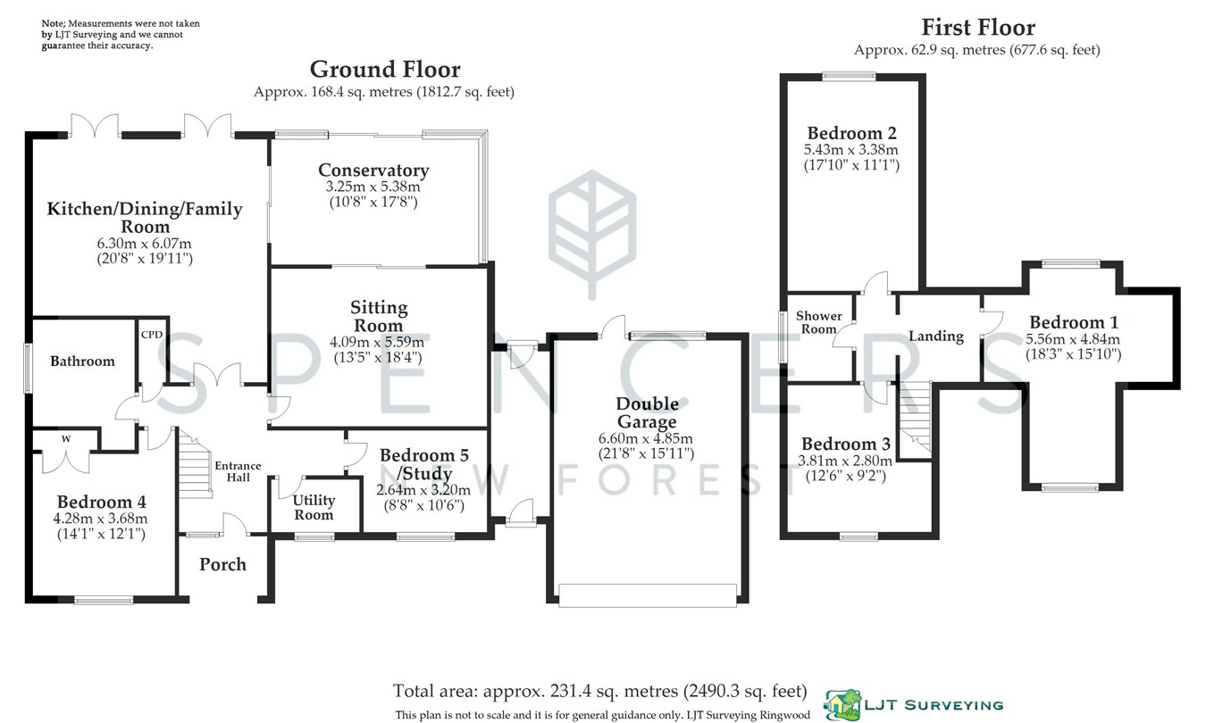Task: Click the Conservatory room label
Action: (x=373, y=170)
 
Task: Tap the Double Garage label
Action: (x=645, y=413)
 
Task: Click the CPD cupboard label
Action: (x=151, y=335)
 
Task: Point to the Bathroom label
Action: (x=82, y=361)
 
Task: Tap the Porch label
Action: (x=222, y=564)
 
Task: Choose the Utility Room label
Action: (x=314, y=507)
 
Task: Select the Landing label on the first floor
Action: (x=936, y=337)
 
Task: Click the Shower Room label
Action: (x=819, y=322)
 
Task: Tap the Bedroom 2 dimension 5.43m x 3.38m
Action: (x=850, y=149)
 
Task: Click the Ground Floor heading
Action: (x=385, y=69)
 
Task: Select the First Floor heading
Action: (x=978, y=27)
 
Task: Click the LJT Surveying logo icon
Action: (x=841, y=704)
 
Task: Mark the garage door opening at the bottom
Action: (x=648, y=594)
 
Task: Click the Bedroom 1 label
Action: (x=1073, y=322)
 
